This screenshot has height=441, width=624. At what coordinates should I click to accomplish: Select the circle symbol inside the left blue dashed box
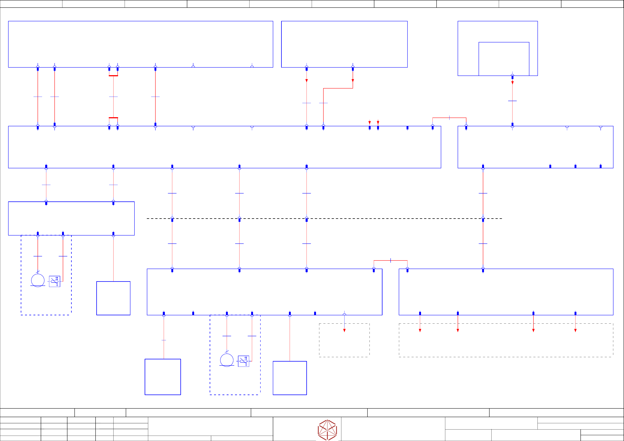38,280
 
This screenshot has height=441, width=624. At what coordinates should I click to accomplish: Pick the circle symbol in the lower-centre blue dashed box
227,360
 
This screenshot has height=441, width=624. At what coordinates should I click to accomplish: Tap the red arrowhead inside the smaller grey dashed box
344,330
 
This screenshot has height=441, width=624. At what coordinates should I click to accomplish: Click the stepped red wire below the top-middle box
338,88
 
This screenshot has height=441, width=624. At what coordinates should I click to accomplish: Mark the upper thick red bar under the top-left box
113,76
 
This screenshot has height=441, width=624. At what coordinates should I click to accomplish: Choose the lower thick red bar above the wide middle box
113,118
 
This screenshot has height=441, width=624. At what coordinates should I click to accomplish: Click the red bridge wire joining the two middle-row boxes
449,118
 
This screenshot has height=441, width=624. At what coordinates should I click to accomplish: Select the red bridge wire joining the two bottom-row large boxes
391,260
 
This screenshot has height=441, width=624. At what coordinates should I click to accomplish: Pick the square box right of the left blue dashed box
113,298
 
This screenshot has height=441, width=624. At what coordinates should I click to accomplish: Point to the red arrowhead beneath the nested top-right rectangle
512,83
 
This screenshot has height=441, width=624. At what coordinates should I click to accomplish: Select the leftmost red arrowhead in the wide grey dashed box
420,330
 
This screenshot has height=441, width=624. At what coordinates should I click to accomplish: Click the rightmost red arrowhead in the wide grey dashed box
575,330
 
